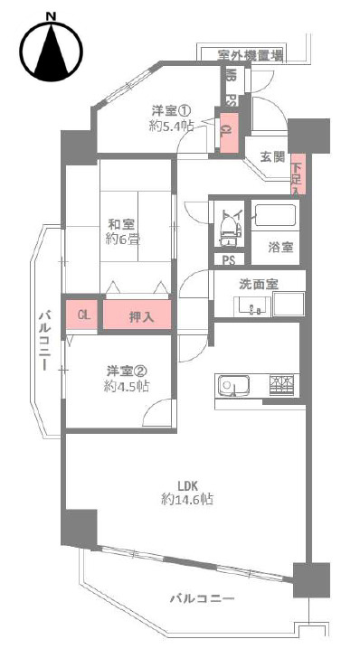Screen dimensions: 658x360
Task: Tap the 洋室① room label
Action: [171, 118]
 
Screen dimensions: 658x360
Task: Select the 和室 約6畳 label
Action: [121, 232]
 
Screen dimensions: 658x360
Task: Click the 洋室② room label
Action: [127, 379]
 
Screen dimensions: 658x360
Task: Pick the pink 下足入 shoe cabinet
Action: [298, 174]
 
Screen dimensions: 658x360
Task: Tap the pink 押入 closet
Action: [139, 316]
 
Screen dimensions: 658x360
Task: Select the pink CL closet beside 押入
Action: [82, 315]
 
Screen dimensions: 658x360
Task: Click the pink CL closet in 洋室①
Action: [225, 128]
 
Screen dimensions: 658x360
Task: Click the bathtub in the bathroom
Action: [275, 218]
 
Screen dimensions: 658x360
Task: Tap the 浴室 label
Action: [280, 246]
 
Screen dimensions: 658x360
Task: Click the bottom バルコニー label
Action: [204, 599]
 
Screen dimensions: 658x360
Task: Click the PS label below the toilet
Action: [229, 260]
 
